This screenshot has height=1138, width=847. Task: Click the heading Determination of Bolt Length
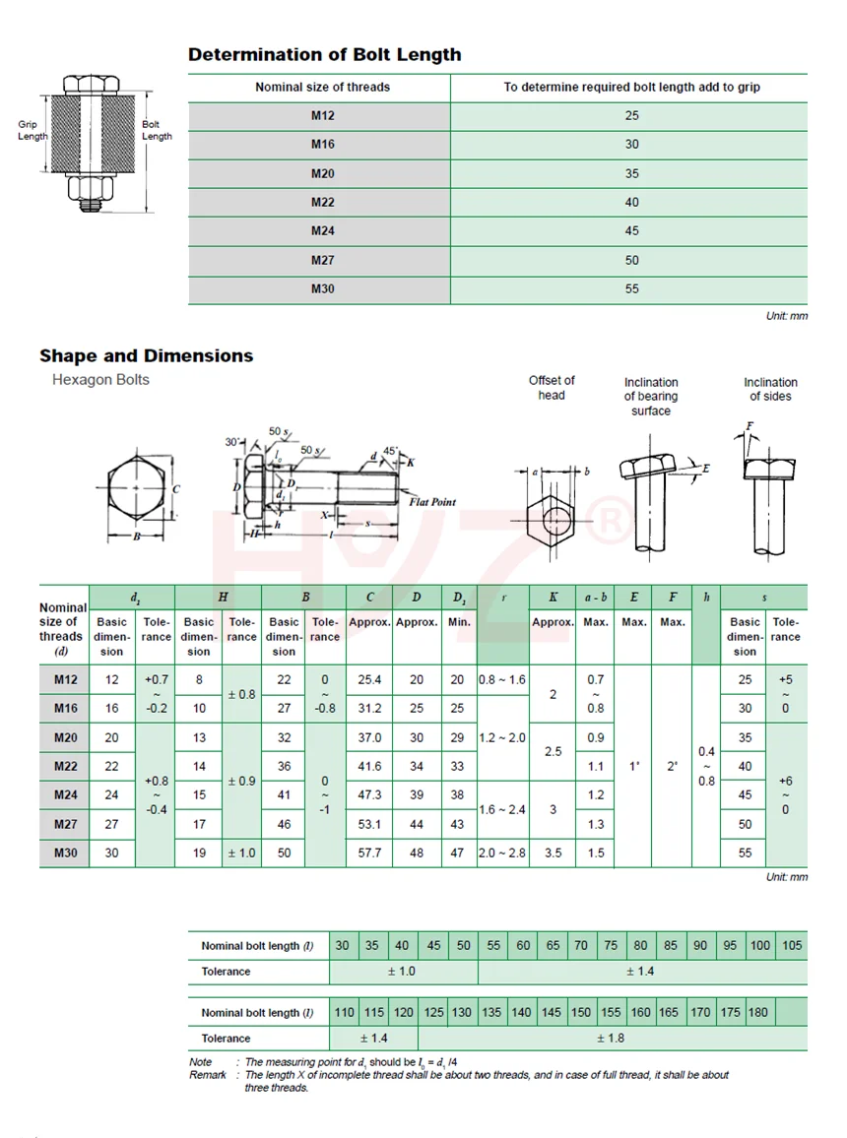tap(324, 55)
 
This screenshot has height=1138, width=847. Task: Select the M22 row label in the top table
tap(323, 202)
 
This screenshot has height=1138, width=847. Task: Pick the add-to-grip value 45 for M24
tap(631, 230)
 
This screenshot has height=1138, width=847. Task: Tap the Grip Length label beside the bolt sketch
tap(33, 131)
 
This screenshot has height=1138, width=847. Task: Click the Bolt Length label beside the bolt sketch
tap(157, 131)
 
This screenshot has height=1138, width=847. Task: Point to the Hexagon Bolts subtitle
tap(100, 380)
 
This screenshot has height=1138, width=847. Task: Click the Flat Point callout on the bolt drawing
tap(432, 502)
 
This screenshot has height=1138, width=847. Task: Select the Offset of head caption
tap(552, 388)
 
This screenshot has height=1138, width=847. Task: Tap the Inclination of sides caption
tap(770, 389)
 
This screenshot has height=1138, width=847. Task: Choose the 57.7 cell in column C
tap(369, 853)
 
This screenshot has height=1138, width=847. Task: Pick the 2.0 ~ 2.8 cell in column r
tap(502, 853)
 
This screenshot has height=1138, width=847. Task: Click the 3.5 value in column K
tap(553, 853)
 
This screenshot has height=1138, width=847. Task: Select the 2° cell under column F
tap(673, 765)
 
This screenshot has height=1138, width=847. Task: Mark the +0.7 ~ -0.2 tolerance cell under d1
tap(157, 694)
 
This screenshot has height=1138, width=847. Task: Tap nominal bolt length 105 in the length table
tap(792, 945)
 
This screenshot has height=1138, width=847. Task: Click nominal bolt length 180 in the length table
tap(758, 1012)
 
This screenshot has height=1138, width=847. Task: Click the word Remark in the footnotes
tap(208, 1075)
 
